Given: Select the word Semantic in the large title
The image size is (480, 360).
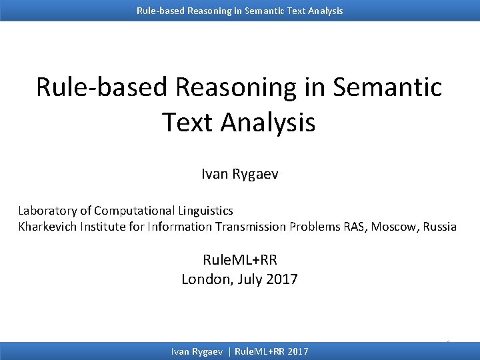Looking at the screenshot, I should (386, 87).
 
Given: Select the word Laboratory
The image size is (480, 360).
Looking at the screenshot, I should (46, 211).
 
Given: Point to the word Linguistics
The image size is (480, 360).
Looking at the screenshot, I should (206, 211).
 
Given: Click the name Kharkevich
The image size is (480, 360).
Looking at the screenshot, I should (47, 227).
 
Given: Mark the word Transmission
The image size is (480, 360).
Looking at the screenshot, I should (250, 227).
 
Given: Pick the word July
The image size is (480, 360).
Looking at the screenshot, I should (250, 279).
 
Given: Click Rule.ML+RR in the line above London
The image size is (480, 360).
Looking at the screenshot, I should (239, 260).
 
